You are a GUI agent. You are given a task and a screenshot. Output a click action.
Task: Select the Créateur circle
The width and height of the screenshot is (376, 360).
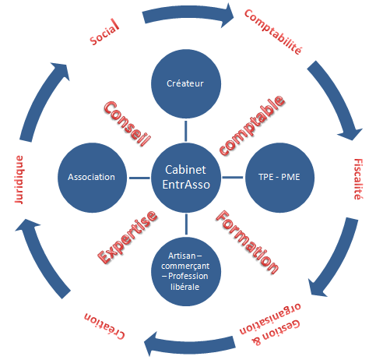coord(185,83)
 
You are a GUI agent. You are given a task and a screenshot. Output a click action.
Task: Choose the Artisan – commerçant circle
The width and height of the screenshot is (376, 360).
coord(185,269)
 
